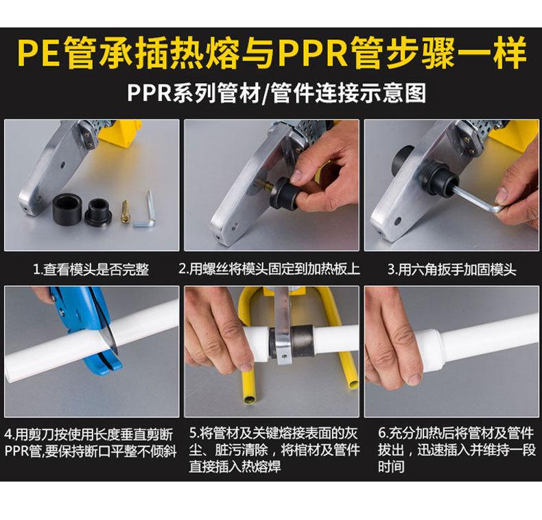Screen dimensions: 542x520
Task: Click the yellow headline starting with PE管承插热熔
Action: tap(272, 54)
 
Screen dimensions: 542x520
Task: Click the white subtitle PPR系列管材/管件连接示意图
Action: tap(276, 93)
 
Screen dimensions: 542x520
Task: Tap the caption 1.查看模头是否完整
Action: tap(91, 270)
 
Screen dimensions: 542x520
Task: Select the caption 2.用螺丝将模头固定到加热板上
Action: tap(269, 269)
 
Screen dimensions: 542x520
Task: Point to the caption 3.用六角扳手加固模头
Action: tap(451, 270)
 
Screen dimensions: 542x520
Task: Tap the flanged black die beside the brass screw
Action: tap(99, 211)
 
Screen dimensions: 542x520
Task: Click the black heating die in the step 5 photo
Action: tap(302, 342)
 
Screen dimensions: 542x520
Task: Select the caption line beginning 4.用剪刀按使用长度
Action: tap(89, 435)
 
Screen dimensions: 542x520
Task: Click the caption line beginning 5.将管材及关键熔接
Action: tap(273, 434)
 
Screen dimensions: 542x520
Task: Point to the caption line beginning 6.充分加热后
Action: tap(456, 433)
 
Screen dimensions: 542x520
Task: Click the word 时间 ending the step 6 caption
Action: tap(391, 466)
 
